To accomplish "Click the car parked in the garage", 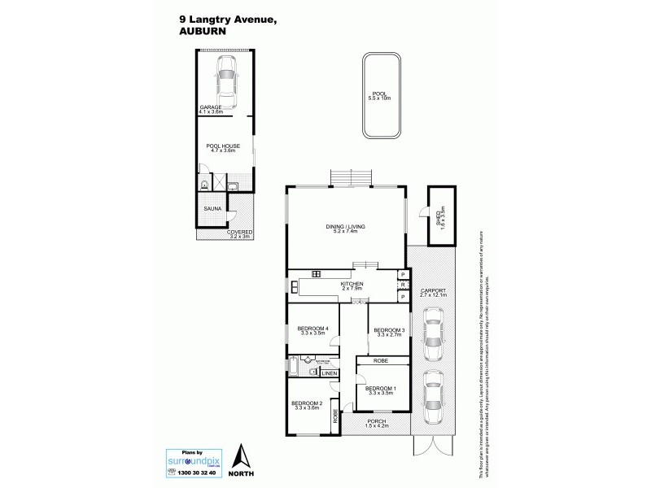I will tap(226, 82).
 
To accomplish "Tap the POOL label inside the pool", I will tap(379, 94).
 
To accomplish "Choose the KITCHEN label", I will tap(352, 283).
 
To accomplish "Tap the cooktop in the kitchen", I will tap(316, 273).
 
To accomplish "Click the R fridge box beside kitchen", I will tap(403, 285).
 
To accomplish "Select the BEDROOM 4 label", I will tap(314, 329).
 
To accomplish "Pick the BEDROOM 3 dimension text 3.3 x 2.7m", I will tap(389, 334).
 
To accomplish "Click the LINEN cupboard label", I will tap(329, 373).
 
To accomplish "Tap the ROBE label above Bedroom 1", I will tap(380, 360).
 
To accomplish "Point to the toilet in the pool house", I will tap(204, 185).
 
